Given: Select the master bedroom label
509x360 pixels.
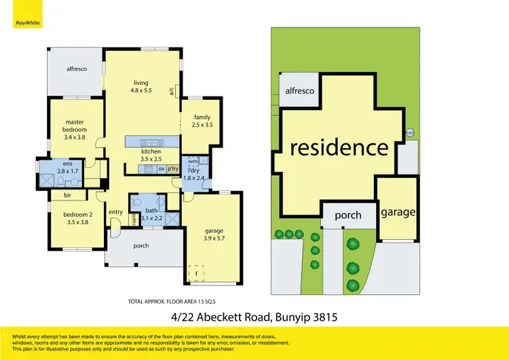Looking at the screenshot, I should point(75,130).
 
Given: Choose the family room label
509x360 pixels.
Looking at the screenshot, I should point(202,121).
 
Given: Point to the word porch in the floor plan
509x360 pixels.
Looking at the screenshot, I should point(141,246).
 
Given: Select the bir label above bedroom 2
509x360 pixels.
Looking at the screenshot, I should point(67,196).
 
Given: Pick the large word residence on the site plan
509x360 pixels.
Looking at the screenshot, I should point(339,147).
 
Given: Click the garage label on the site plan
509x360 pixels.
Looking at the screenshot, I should point(397,212).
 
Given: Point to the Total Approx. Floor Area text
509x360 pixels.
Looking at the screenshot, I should point(176,300).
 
